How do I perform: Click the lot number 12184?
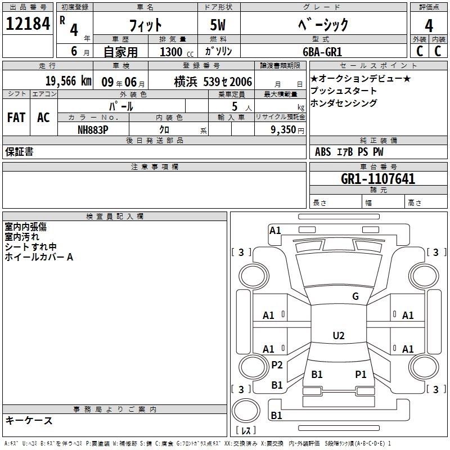tap(28, 24)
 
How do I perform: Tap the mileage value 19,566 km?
tap(69, 81)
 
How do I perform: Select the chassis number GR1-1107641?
tap(378, 179)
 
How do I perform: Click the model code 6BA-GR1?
tap(322, 52)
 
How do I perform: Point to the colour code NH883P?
tap(93, 130)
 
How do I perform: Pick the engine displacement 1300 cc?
tap(177, 52)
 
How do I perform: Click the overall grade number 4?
tap(429, 26)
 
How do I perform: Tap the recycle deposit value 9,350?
tap(283, 130)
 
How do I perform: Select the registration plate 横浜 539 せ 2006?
tap(213, 82)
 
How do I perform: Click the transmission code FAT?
tap(16, 118)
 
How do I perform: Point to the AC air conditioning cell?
tap(44, 118)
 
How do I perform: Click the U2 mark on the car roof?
tap(339, 335)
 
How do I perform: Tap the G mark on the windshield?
tap(355, 296)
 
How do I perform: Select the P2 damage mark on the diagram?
tap(277, 364)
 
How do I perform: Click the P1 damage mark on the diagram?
tap(361, 374)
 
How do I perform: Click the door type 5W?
tap(218, 25)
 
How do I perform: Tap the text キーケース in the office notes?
tap(29, 420)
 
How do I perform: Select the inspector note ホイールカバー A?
tap(39, 256)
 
